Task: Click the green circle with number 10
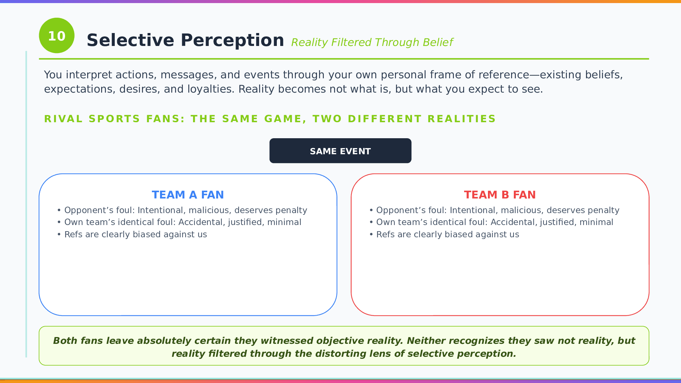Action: pyautogui.click(x=57, y=35)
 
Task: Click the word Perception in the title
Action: pyautogui.click(x=232, y=41)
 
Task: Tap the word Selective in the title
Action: pyautogui.click(x=130, y=40)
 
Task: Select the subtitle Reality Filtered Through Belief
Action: pyautogui.click(x=372, y=42)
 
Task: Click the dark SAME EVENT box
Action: pyautogui.click(x=340, y=151)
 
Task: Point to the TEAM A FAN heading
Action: pyautogui.click(x=188, y=195)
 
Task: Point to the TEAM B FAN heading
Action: pyautogui.click(x=500, y=195)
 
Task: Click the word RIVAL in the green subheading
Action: pyautogui.click(x=63, y=119)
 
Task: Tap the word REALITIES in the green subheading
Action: pyautogui.click(x=461, y=119)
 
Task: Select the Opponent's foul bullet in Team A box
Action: pyautogui.click(x=182, y=210)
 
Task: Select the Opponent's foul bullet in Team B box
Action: pyautogui.click(x=494, y=210)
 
